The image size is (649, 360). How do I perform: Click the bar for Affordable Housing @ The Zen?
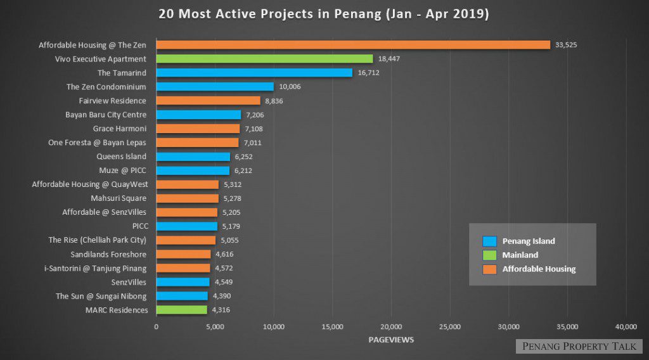point(353,45)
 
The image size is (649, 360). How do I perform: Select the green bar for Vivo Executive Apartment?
point(264,59)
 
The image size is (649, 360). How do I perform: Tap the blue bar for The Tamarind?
point(254,73)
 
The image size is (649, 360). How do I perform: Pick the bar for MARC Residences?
point(181,310)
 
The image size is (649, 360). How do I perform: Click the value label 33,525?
point(566,45)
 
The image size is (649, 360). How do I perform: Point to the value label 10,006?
point(290,87)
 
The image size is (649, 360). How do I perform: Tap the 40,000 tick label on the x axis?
point(626,326)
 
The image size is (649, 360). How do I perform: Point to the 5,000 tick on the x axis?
point(215,326)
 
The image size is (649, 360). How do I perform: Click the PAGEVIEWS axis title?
point(391,340)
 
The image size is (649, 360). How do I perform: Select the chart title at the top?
point(324,14)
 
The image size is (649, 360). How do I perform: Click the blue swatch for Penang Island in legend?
point(489,241)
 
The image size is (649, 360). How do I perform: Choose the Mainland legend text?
point(520,255)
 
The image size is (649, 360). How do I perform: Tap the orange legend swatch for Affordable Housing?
point(489,269)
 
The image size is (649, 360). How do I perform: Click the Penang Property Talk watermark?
point(579,346)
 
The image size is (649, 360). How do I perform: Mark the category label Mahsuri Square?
point(118,198)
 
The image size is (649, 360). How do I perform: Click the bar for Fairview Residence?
point(208,101)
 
